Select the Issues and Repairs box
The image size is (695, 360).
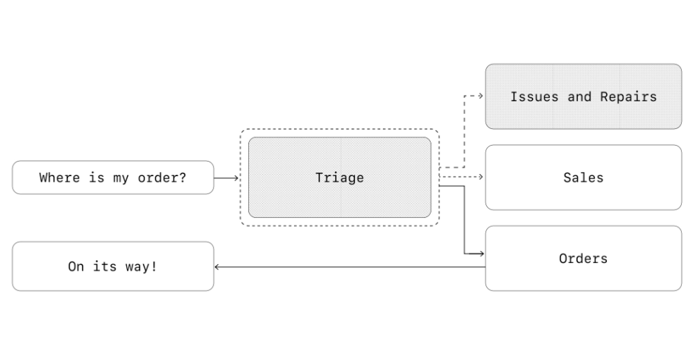pyautogui.click(x=583, y=114)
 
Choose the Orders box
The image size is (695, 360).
pyautogui.click(x=583, y=275)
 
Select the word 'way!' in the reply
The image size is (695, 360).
pyautogui.click(x=142, y=266)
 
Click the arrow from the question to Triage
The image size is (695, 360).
pyautogui.click(x=225, y=178)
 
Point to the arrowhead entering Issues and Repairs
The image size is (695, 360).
pyautogui.click(x=481, y=96)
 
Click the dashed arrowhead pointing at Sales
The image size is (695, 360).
pyautogui.click(x=481, y=178)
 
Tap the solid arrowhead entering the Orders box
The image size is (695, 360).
pyautogui.click(x=481, y=254)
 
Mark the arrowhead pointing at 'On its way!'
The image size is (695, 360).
pyautogui.click(x=217, y=266)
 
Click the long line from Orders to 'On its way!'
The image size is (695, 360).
pyautogui.click(x=347, y=266)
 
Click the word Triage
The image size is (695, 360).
pyautogui.click(x=339, y=178)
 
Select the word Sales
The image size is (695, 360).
pyautogui.click(x=583, y=178)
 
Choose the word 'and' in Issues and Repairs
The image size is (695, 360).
pyautogui.click(x=579, y=96)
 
